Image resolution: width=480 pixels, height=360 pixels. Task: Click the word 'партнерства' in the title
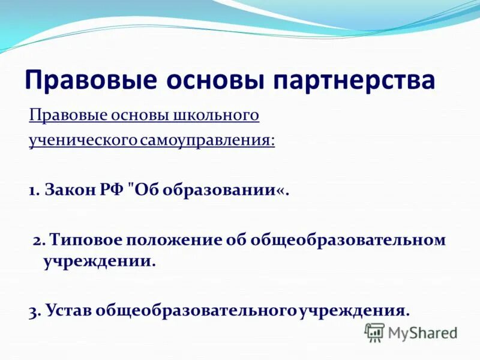click(x=353, y=80)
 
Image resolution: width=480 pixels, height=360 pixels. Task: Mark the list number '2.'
click(x=39, y=241)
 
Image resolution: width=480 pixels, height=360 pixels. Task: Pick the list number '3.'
click(x=35, y=311)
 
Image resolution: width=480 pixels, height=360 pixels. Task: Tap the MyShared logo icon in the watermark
click(x=374, y=332)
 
